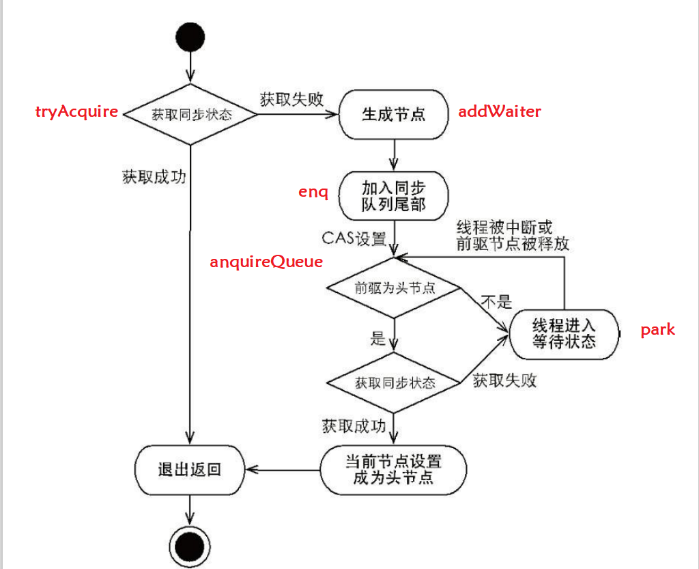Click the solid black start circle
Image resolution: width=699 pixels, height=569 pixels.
pyautogui.click(x=190, y=37)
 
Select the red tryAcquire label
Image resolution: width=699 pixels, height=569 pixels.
pyautogui.click(x=76, y=112)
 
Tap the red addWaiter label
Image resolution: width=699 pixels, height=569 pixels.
pyautogui.click(x=500, y=111)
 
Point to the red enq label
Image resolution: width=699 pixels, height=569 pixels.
pyautogui.click(x=313, y=192)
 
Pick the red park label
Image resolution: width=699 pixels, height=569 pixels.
pyautogui.click(x=657, y=330)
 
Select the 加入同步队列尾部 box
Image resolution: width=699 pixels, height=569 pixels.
pyautogui.click(x=394, y=195)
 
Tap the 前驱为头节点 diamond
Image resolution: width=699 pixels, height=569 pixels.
pyautogui.click(x=395, y=288)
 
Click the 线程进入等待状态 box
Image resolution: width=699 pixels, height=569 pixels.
pyautogui.click(x=563, y=333)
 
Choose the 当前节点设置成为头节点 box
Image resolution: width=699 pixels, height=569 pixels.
pyautogui.click(x=393, y=469)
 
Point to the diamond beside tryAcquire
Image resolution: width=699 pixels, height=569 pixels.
pyautogui.click(x=190, y=114)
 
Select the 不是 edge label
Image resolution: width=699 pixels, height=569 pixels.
pyautogui.click(x=496, y=301)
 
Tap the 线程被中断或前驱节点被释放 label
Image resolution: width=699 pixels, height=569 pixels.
pyautogui.click(x=513, y=235)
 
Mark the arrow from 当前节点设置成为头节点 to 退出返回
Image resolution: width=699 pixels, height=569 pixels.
pyautogui.click(x=283, y=469)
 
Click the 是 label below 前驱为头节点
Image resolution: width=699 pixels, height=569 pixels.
pyautogui.click(x=377, y=337)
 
